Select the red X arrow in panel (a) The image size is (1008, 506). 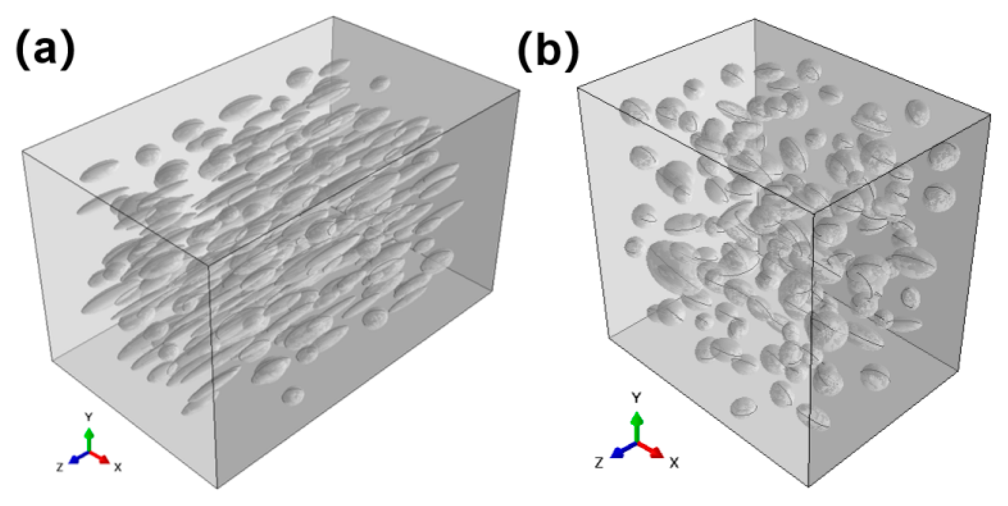[x=101, y=457]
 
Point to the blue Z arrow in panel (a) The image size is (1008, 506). [x=76, y=459]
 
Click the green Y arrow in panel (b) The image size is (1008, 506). [x=636, y=425]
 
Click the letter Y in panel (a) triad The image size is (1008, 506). [x=88, y=416]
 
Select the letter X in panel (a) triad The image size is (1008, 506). [x=117, y=467]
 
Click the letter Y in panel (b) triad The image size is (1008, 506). [x=636, y=398]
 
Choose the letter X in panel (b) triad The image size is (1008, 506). [x=674, y=463]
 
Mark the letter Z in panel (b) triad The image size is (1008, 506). [x=598, y=463]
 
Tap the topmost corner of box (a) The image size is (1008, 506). [x=333, y=17]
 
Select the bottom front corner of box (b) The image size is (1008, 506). [x=808, y=487]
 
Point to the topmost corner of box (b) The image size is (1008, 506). [x=754, y=19]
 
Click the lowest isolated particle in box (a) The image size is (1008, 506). [x=293, y=396]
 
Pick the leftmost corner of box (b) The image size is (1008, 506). [x=578, y=87]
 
